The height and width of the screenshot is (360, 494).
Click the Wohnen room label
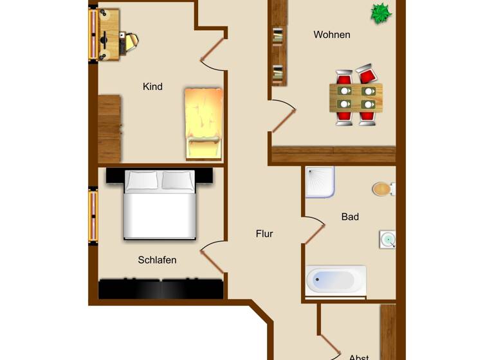(332, 35)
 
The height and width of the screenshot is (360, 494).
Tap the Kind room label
(152, 87)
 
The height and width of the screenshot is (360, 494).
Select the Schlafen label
(157, 260)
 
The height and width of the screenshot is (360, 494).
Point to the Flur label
(264, 234)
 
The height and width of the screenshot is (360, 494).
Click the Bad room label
(350, 217)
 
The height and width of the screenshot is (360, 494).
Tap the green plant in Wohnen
(380, 13)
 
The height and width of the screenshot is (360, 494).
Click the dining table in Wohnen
(356, 96)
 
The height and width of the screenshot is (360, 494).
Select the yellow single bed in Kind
(203, 123)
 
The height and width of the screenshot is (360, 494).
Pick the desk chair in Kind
(131, 42)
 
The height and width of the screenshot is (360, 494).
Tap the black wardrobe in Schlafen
(161, 289)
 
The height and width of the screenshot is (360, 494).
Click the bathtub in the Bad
(336, 280)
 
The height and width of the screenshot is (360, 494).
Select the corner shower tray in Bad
(320, 183)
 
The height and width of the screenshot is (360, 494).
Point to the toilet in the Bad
(383, 189)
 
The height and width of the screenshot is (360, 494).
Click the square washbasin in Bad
(388, 240)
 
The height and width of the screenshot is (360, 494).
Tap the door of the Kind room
(213, 51)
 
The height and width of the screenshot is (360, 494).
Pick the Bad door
(314, 232)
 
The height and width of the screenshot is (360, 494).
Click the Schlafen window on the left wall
(93, 216)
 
